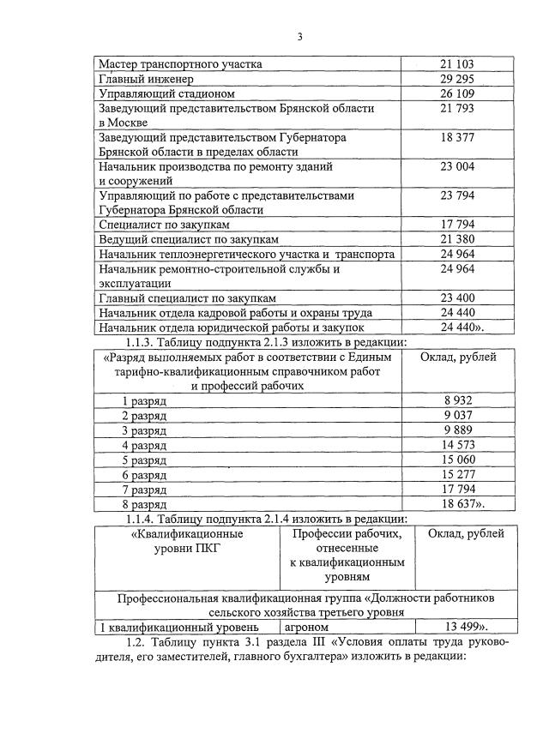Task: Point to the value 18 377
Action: [x=457, y=137]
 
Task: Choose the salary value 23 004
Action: [x=457, y=166]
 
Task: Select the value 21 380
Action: [x=457, y=239]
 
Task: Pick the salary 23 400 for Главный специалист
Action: [x=457, y=297]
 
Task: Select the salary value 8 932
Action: [x=459, y=400]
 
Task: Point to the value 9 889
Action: [x=459, y=430]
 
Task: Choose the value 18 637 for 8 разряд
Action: [x=462, y=504]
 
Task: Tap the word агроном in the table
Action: [x=307, y=627]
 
